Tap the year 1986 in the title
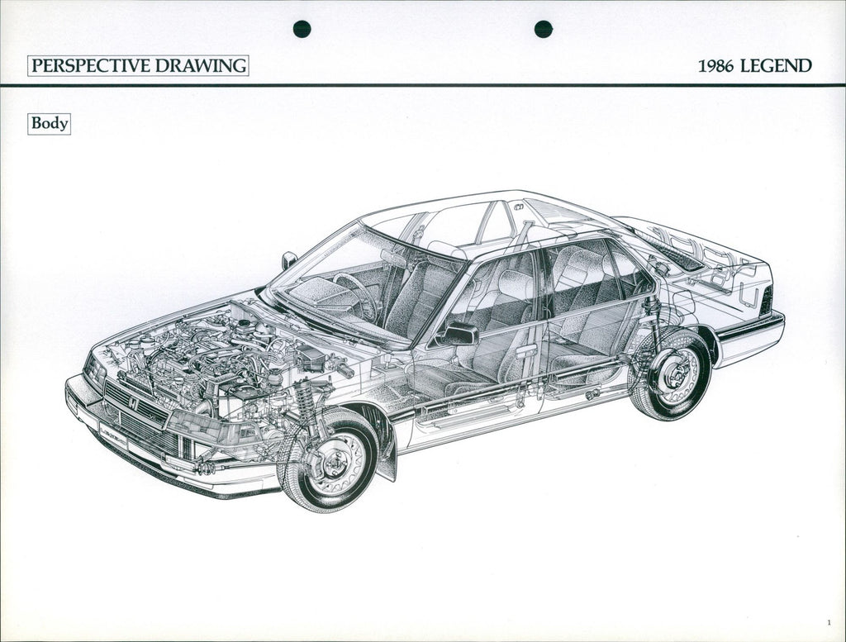tap(716, 66)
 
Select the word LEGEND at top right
tap(776, 66)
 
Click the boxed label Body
tap(49, 124)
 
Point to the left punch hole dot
tap(302, 29)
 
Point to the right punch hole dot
tap(544, 29)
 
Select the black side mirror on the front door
tap(459, 335)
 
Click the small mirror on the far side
tap(289, 260)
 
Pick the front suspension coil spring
tap(306, 399)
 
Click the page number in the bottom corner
tap(828, 623)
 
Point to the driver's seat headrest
tap(444, 250)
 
